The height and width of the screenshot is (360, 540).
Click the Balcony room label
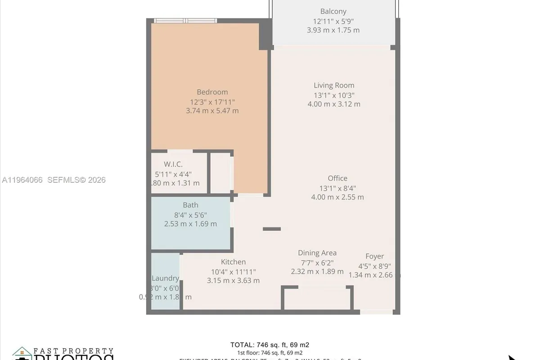tap(333, 12)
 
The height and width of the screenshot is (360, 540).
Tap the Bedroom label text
tap(212, 92)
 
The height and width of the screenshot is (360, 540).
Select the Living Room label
tap(334, 85)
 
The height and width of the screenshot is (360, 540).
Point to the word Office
tap(337, 178)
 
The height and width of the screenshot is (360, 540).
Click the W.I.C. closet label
tap(173, 165)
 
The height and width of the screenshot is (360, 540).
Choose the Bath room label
tap(190, 205)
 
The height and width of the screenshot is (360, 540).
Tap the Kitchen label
tap(233, 262)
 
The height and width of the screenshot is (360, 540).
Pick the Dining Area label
tap(317, 253)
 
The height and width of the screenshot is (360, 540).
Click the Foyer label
tap(374, 256)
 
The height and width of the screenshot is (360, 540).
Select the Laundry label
tap(165, 279)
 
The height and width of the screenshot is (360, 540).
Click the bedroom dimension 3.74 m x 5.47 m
tap(212, 111)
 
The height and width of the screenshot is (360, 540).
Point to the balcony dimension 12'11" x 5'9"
tap(333, 21)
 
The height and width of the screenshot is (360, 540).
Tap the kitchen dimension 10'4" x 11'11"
tap(233, 271)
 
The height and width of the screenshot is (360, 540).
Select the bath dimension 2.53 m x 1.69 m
tap(190, 224)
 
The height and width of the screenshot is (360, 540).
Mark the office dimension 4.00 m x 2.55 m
tap(337, 197)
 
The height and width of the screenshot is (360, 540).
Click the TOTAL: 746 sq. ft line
tap(270, 345)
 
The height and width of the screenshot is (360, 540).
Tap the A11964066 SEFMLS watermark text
tap(54, 180)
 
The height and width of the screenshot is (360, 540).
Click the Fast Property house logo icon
tap(21, 354)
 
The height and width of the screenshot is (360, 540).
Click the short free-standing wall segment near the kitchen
tap(272, 229)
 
